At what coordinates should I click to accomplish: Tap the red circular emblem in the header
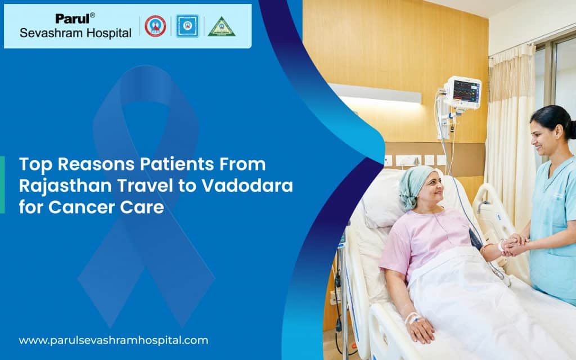pyautogui.click(x=155, y=26)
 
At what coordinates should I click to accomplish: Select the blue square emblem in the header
pyautogui.click(x=187, y=26)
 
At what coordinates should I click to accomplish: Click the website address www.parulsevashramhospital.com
pyautogui.click(x=113, y=340)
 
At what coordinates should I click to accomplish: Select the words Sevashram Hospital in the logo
pyautogui.click(x=75, y=33)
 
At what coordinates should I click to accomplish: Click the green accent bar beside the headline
pyautogui.click(x=2, y=185)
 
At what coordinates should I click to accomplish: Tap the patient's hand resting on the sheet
pyautogui.click(x=419, y=330)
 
